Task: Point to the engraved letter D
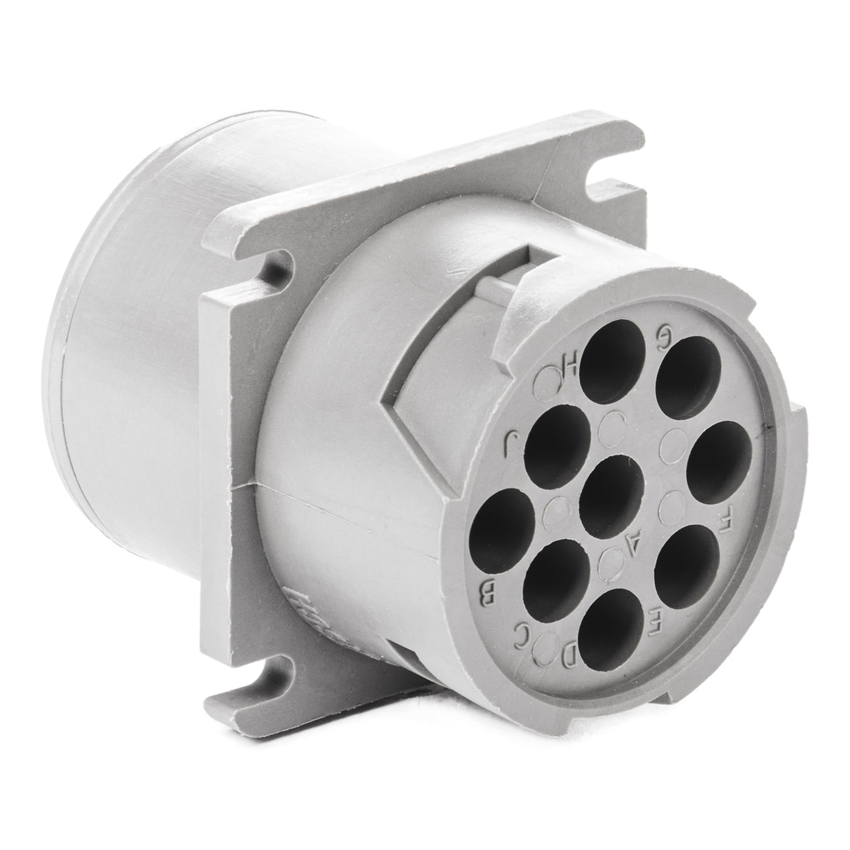click(569, 655)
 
